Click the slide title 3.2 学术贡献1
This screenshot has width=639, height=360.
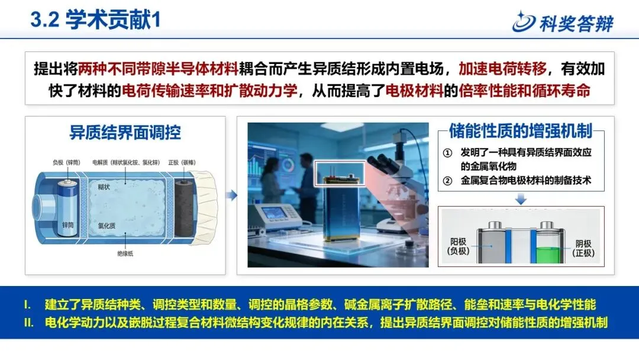(x=96, y=20)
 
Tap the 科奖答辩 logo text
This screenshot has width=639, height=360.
(x=576, y=24)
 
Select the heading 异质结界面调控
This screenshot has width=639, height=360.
(x=125, y=133)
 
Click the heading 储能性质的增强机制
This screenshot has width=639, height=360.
(x=521, y=131)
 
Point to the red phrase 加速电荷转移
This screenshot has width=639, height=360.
(x=502, y=69)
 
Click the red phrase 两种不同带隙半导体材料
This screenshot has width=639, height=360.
(x=158, y=69)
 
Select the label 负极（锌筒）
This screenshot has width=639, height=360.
(x=66, y=162)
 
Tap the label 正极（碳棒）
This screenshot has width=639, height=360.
(x=182, y=162)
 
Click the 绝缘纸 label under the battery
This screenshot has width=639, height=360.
(x=125, y=253)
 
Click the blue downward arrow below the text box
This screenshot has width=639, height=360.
(x=521, y=199)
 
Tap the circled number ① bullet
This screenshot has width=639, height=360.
(x=447, y=153)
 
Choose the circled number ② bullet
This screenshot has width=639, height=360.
(x=447, y=181)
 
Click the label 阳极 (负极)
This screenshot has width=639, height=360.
(x=459, y=247)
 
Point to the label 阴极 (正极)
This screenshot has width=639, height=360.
(x=583, y=248)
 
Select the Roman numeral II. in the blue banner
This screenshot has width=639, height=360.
(x=28, y=323)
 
